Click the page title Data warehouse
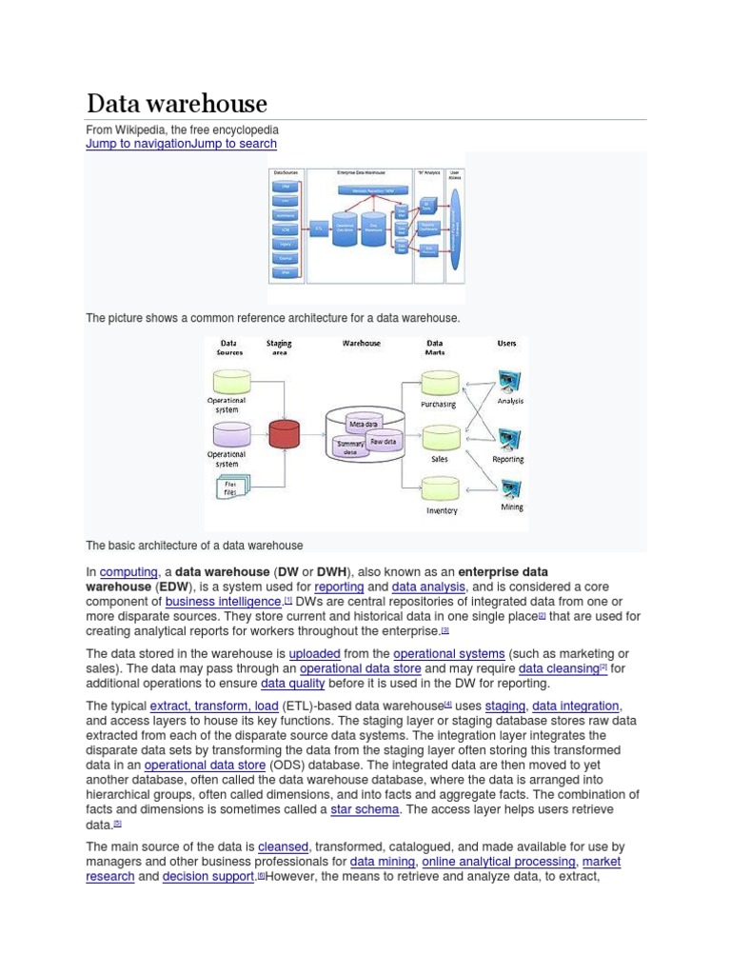click(x=177, y=104)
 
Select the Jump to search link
click(x=233, y=144)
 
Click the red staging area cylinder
click(x=284, y=434)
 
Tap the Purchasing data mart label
click(x=438, y=405)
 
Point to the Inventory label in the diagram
click(x=441, y=511)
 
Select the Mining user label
click(x=511, y=507)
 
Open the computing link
click(x=128, y=571)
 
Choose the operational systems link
click(x=449, y=653)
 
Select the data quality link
click(x=293, y=684)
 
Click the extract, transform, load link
click(x=214, y=706)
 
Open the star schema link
click(x=365, y=809)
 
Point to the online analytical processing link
click(x=498, y=862)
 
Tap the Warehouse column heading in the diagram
click(x=361, y=344)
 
